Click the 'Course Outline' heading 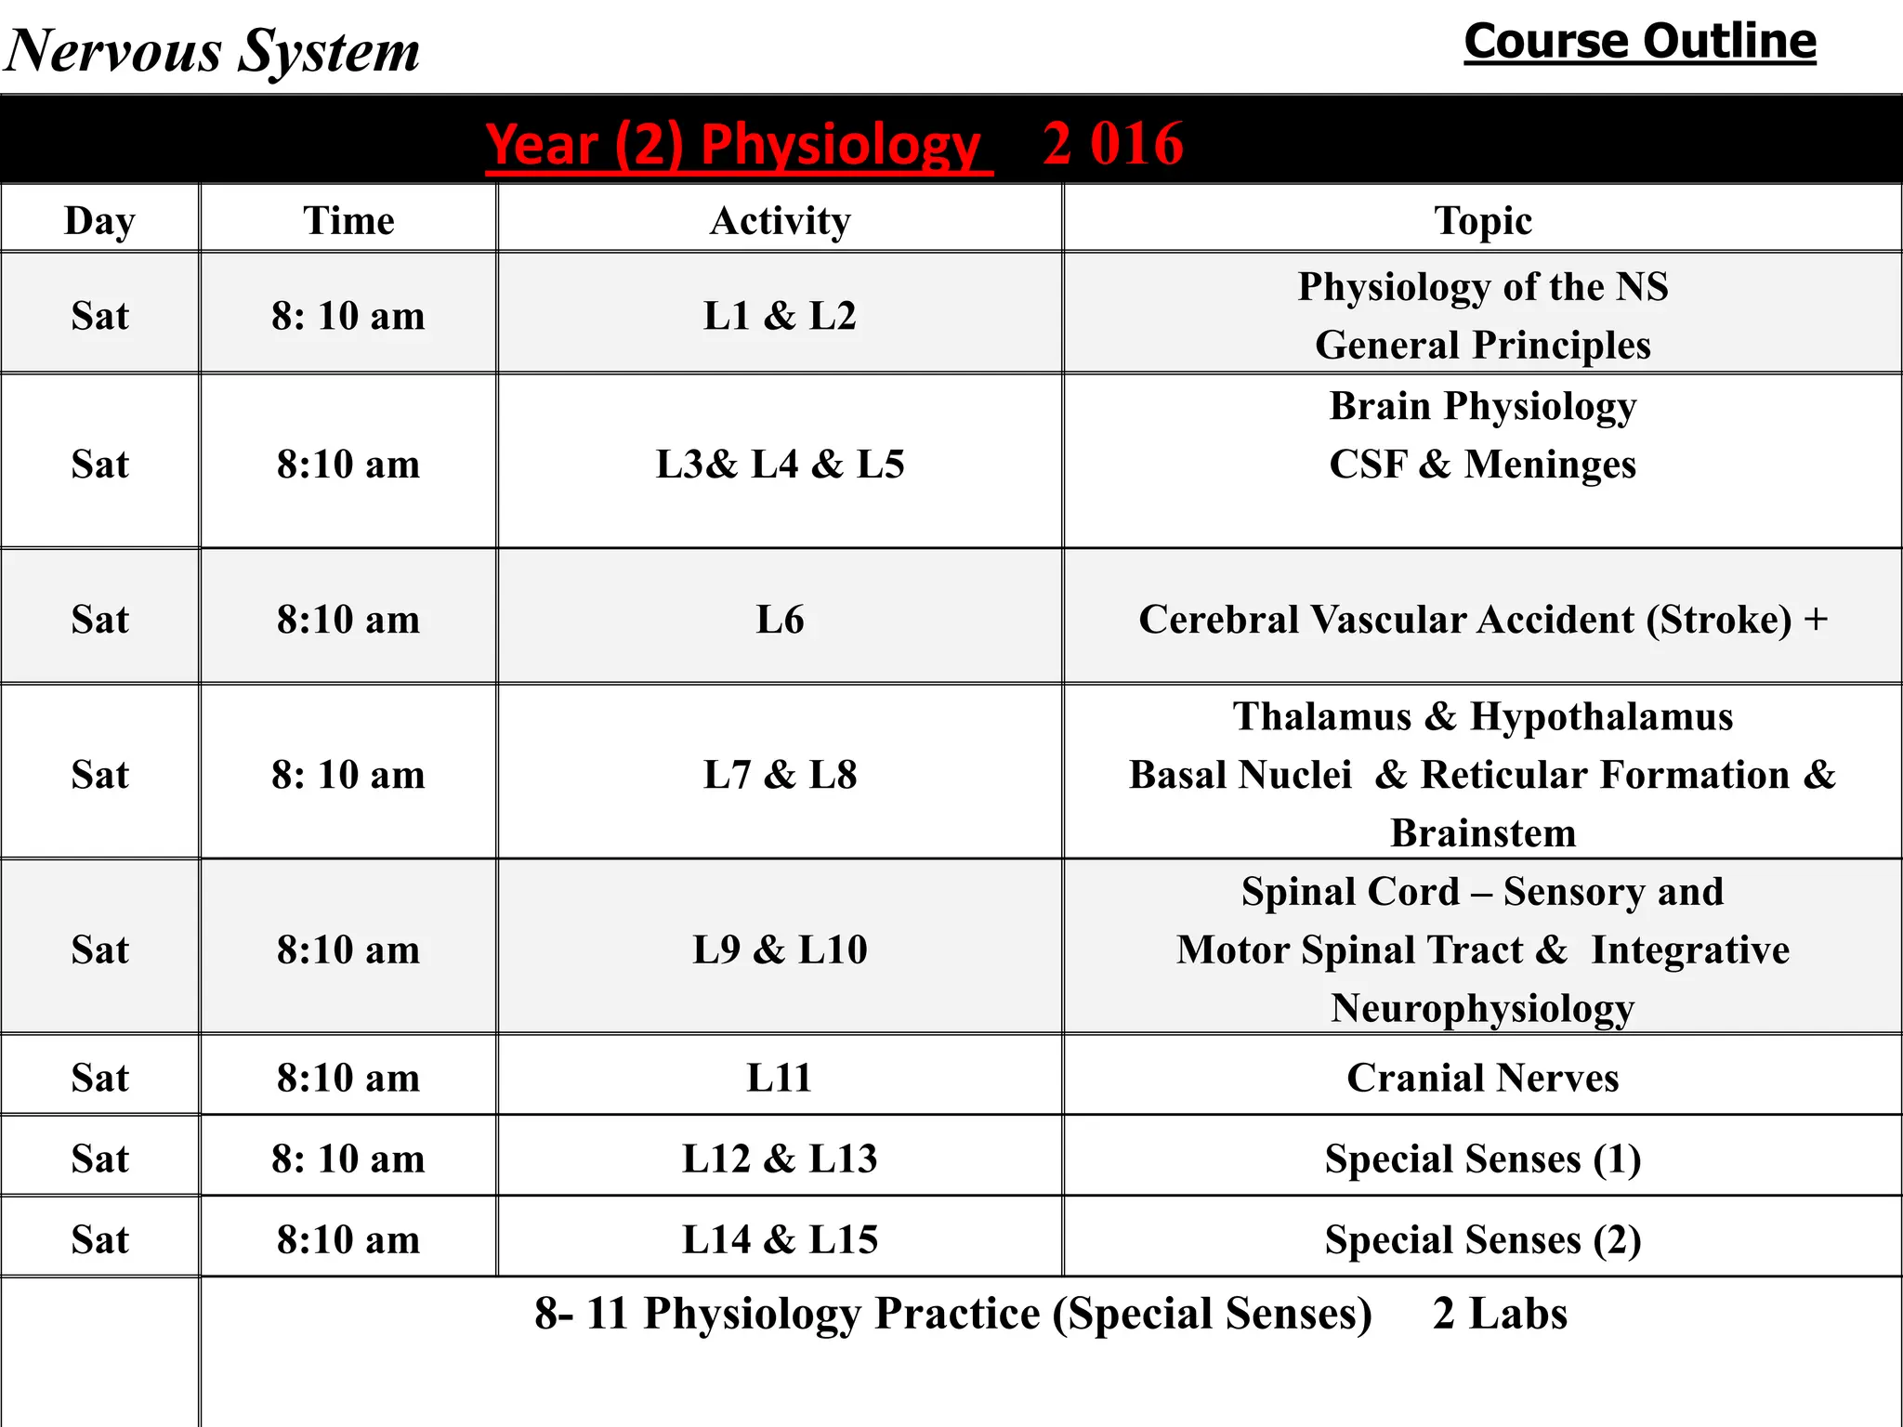1639,42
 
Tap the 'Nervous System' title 213,50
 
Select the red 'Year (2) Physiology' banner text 733,145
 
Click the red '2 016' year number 1112,144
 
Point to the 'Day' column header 99,221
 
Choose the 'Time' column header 348,221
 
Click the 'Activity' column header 780,221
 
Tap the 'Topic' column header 1483,221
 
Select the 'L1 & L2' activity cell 780,316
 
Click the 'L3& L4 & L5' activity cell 780,464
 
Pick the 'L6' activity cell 780,620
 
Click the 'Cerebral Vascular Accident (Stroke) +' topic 1483,620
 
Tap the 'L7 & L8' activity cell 780,775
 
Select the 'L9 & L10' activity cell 780,949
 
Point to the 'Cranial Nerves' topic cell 1483,1078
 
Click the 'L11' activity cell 780,1078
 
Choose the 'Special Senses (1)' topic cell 1483,1159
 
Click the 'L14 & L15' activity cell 780,1239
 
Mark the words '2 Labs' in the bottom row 1500,1314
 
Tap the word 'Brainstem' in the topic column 1483,833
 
